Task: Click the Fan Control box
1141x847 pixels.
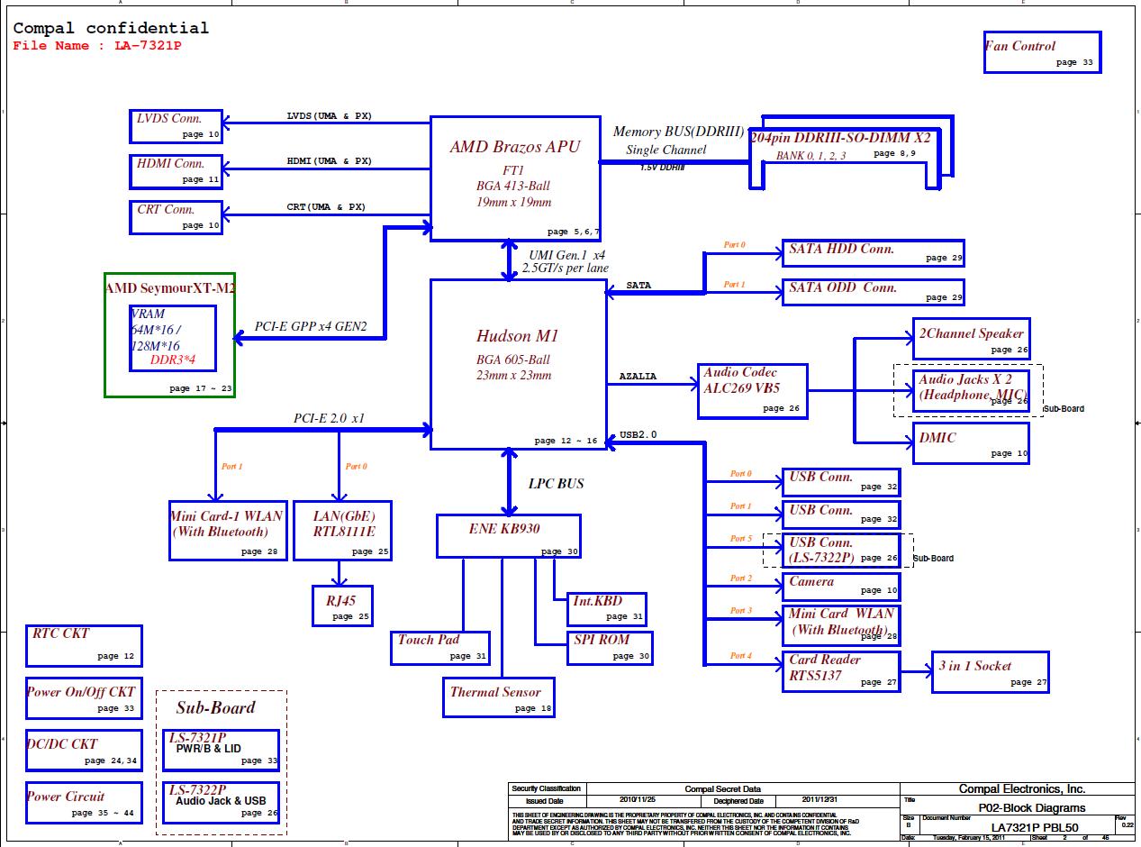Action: pyautogui.click(x=1042, y=52)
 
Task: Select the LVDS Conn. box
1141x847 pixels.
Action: pyautogui.click(x=177, y=126)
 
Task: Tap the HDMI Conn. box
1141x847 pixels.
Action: pyautogui.click(x=177, y=171)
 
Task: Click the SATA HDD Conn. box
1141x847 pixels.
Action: pyautogui.click(x=873, y=253)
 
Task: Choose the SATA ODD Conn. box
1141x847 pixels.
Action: pyautogui.click(x=873, y=292)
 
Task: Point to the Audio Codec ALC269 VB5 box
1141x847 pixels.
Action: pyautogui.click(x=752, y=391)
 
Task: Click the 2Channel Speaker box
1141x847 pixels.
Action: pyautogui.click(x=970, y=339)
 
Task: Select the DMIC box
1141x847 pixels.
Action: pyautogui.click(x=970, y=443)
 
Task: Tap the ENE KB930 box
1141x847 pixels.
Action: pyautogui.click(x=508, y=536)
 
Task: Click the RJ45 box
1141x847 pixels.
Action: pyautogui.click(x=342, y=606)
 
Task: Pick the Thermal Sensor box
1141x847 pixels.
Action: pyautogui.click(x=498, y=697)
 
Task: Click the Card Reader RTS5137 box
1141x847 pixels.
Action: pyautogui.click(x=840, y=671)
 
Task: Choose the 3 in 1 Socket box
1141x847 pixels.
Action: pyautogui.click(x=990, y=672)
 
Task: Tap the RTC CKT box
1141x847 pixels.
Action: pyautogui.click(x=84, y=646)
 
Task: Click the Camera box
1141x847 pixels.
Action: pyautogui.click(x=840, y=587)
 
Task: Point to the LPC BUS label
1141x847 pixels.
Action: pyautogui.click(x=556, y=484)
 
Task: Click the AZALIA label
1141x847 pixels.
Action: pyautogui.click(x=638, y=377)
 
